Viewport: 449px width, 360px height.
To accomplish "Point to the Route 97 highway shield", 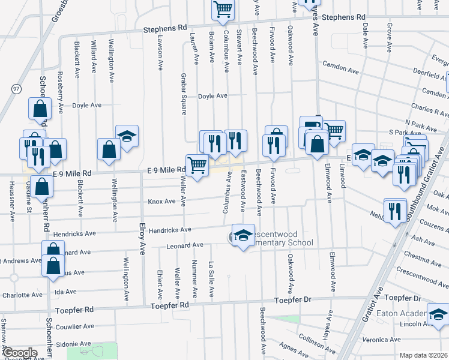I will [x=15, y=88].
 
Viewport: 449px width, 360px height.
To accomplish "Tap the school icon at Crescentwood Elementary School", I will [x=243, y=236].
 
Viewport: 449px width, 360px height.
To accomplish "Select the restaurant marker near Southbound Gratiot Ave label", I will [x=394, y=211].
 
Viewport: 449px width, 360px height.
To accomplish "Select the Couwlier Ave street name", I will [x=74, y=326].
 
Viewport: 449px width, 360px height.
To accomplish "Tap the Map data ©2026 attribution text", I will [x=424, y=355].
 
